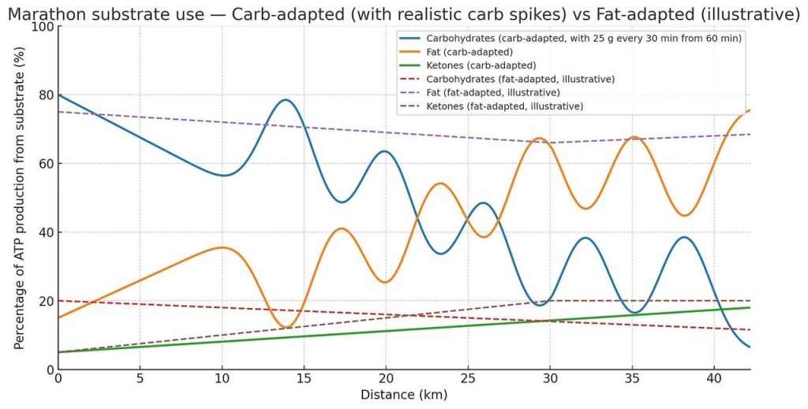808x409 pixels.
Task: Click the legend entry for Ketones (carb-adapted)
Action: pyautogui.click(x=481, y=65)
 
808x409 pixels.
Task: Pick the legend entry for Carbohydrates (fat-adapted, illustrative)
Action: pyautogui.click(x=520, y=79)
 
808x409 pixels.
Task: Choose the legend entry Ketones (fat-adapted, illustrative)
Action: pyautogui.click(x=504, y=106)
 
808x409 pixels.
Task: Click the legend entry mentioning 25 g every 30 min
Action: pyautogui.click(x=584, y=38)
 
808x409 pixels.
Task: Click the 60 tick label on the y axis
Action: pyautogui.click(x=44, y=164)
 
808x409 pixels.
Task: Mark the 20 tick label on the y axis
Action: pyautogui.click(x=44, y=301)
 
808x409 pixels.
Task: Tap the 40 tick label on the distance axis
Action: pyautogui.click(x=714, y=380)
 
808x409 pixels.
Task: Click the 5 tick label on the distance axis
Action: pyautogui.click(x=140, y=380)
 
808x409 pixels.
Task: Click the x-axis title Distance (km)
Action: pyautogui.click(x=403, y=394)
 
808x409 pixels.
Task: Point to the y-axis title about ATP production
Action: pyautogui.click(x=18, y=197)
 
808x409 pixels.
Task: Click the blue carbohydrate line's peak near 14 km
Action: pyautogui.click(x=285, y=100)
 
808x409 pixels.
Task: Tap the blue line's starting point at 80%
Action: pyautogui.click(x=58, y=95)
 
